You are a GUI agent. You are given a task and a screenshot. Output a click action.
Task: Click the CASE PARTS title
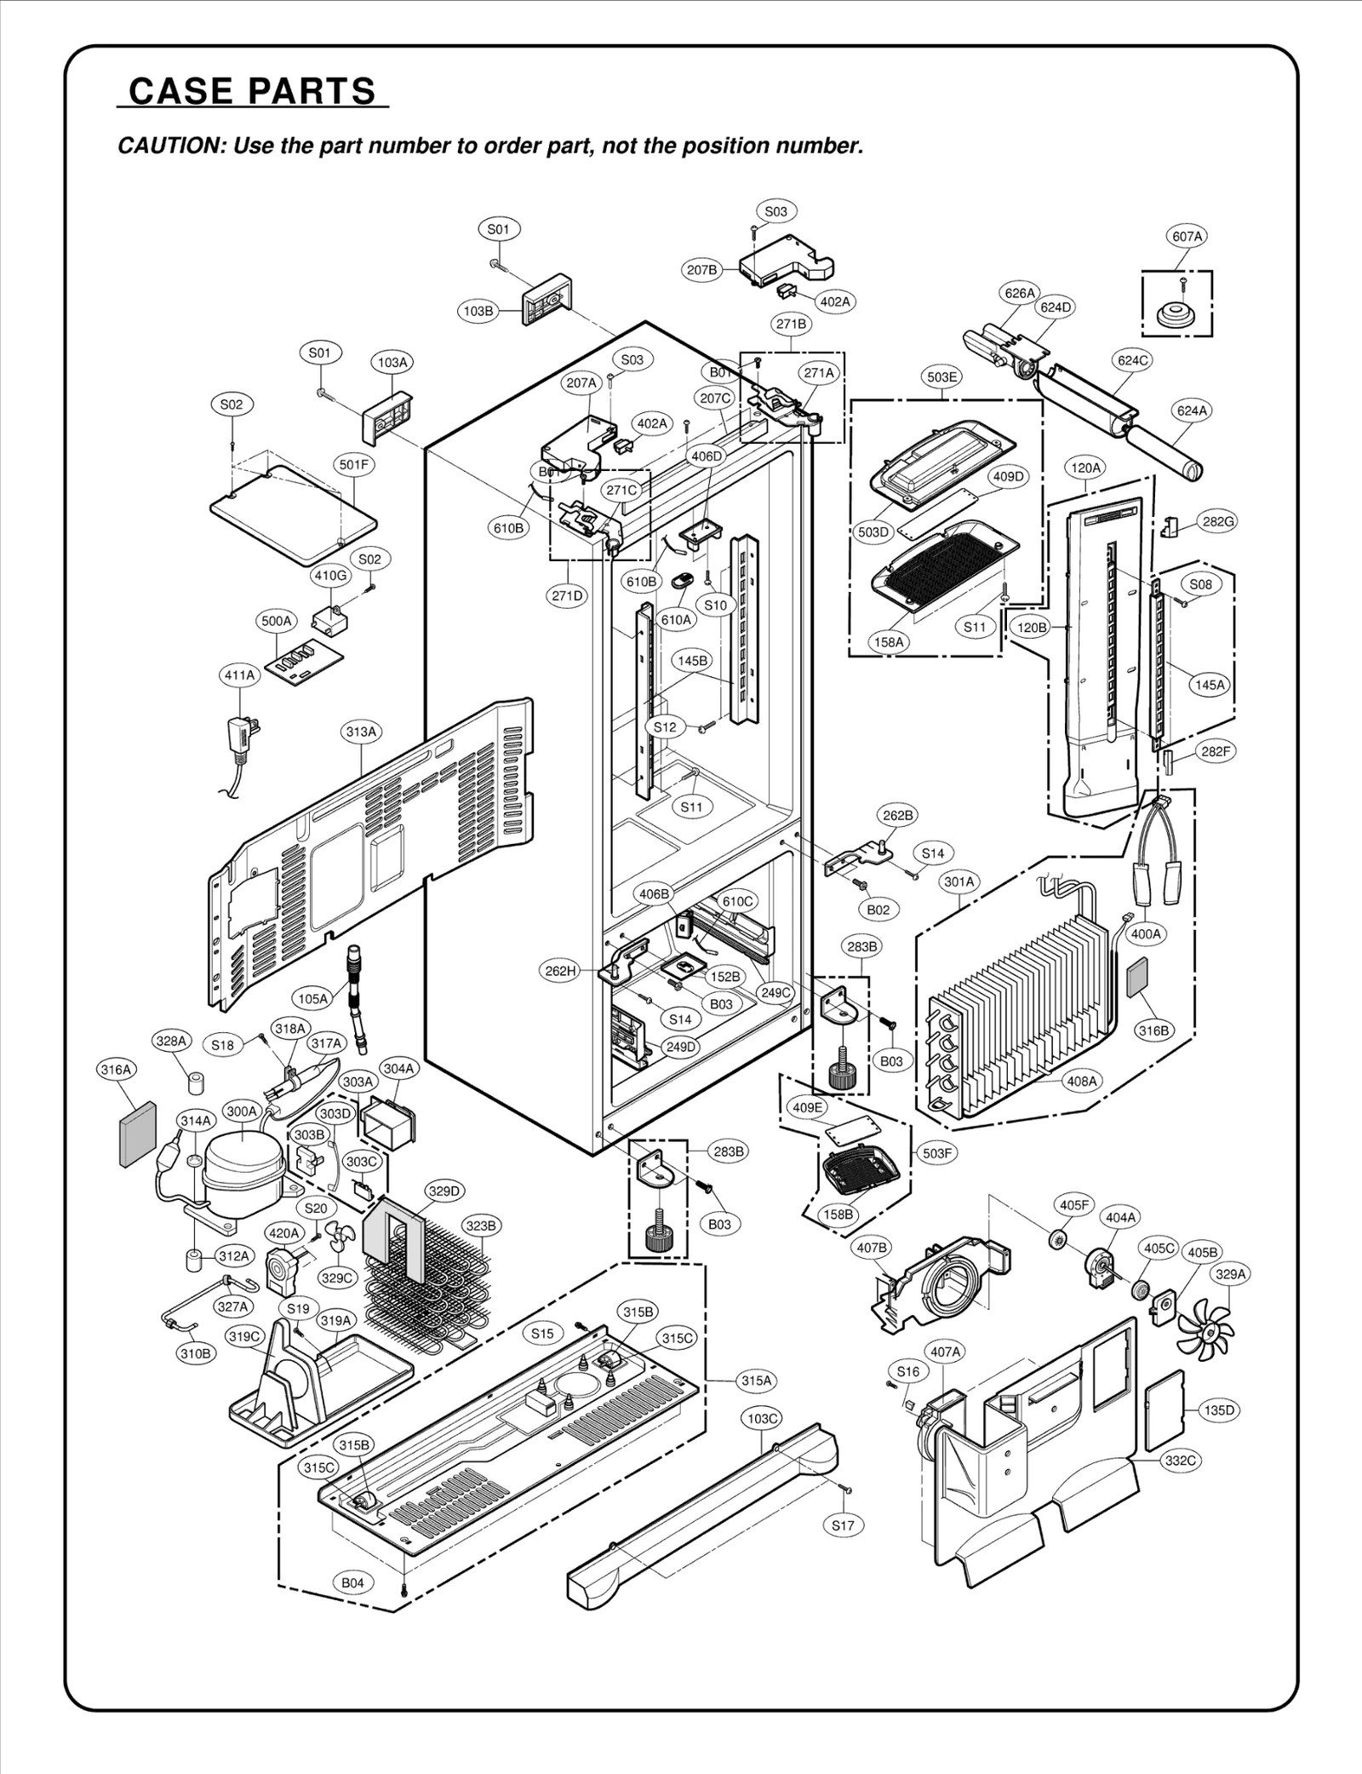pyautogui.click(x=252, y=90)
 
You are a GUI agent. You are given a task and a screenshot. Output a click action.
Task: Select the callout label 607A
pyautogui.click(x=1187, y=237)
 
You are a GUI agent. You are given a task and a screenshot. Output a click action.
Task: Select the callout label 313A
pyautogui.click(x=361, y=732)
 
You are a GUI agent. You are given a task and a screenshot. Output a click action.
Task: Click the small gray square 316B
pyautogui.click(x=1136, y=976)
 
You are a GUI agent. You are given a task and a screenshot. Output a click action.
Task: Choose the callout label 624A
pyautogui.click(x=1192, y=410)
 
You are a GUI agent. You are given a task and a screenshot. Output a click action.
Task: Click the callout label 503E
pyautogui.click(x=941, y=376)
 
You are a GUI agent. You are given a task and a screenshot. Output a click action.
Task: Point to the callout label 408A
pyautogui.click(x=1083, y=1081)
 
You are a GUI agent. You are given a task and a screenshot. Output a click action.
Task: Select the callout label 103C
pyautogui.click(x=763, y=1419)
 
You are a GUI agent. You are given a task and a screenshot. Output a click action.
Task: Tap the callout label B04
pyautogui.click(x=352, y=1583)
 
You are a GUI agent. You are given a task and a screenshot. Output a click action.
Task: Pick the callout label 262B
pyautogui.click(x=898, y=815)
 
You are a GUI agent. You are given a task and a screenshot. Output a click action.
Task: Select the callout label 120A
pyautogui.click(x=1085, y=468)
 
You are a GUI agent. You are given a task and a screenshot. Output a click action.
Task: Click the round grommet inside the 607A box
pyautogui.click(x=1177, y=314)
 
